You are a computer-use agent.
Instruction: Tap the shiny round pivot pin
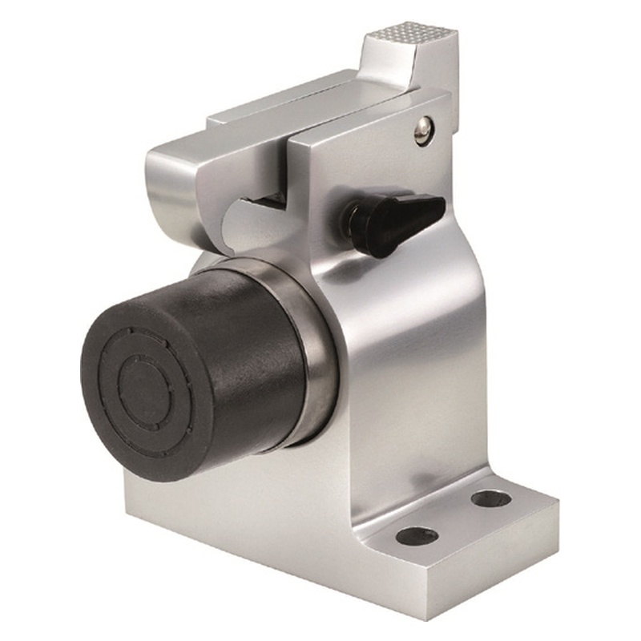[x=423, y=130]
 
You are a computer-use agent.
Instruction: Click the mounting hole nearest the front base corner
[x=417, y=535]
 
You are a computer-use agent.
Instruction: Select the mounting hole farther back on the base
[x=491, y=498]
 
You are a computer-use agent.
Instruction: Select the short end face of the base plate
[x=497, y=561]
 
